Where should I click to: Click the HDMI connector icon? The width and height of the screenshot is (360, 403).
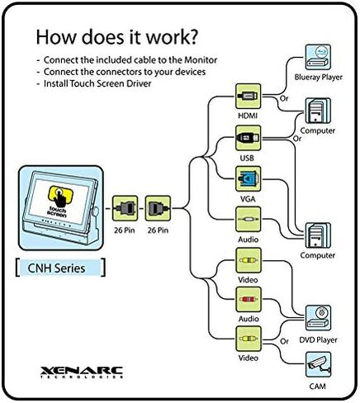[248, 97]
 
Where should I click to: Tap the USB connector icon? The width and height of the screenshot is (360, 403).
[248, 138]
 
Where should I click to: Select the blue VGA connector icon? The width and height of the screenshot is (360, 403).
[248, 178]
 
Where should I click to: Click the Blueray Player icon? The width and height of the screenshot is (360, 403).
[318, 57]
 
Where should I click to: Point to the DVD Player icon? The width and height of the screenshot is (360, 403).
[318, 318]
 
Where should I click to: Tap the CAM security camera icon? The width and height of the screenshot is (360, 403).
[318, 364]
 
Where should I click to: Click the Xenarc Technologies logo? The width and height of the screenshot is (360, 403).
[82, 372]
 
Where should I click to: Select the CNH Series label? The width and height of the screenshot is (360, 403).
[57, 268]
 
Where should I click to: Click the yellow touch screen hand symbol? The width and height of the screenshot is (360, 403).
[60, 197]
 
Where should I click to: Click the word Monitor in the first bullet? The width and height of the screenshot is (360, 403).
[201, 59]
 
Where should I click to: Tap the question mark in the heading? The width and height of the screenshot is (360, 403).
[192, 37]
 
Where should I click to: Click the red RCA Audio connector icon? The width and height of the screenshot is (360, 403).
[248, 300]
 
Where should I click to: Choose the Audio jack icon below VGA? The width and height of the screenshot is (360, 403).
[248, 220]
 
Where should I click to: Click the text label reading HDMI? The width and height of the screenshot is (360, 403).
[248, 116]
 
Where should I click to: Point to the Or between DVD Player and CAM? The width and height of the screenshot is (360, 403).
[284, 341]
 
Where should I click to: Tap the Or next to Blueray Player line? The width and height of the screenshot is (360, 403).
[284, 98]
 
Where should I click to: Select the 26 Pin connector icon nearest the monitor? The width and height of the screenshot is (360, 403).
[125, 208]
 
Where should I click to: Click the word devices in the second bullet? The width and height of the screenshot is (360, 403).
[191, 72]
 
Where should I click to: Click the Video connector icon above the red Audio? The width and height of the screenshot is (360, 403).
[248, 260]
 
